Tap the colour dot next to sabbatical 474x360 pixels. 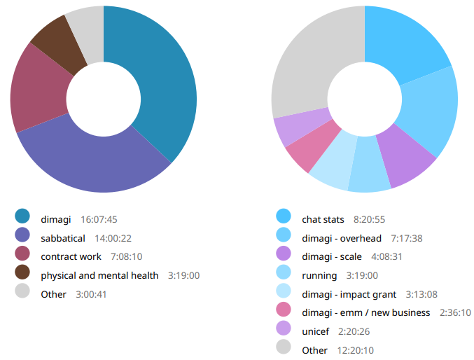coord(22,238)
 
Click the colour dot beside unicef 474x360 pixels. coord(284,331)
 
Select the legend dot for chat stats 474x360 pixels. coord(284,219)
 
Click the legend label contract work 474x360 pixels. coord(71,256)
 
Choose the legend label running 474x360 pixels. coord(319,275)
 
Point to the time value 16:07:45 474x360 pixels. coord(99,219)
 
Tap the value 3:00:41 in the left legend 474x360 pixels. coord(91,294)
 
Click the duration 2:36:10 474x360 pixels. coord(455,312)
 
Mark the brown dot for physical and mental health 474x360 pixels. coord(22,275)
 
